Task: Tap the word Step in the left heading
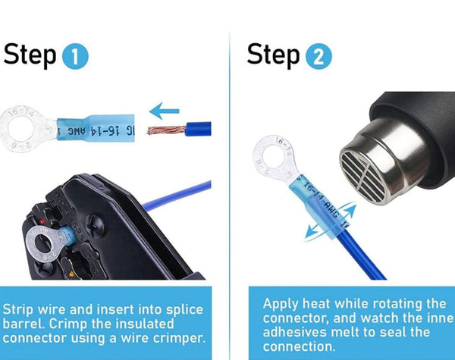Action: (30, 55)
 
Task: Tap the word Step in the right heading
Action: (274, 55)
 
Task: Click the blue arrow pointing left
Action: (165, 112)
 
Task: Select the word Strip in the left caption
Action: (19, 310)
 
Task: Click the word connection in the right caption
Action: (298, 346)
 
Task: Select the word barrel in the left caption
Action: (24, 324)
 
